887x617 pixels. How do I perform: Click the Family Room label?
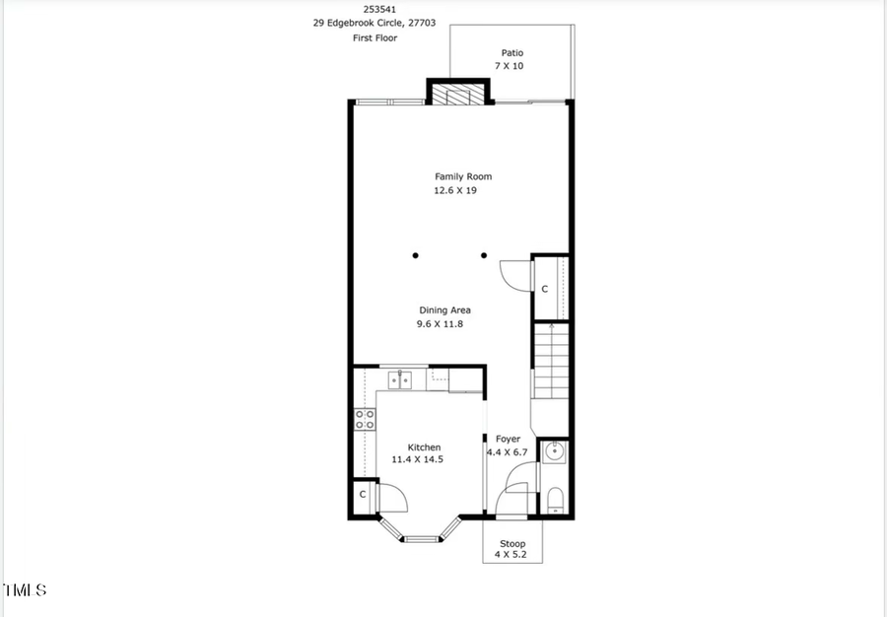[x=463, y=176]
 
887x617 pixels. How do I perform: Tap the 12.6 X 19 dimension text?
[x=455, y=190]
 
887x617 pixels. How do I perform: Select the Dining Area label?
[x=444, y=310]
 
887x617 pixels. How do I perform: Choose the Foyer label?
[x=508, y=440]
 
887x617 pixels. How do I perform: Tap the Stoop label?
[x=512, y=544]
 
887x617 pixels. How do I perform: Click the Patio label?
[x=512, y=53]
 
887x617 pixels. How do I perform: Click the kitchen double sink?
[x=399, y=378]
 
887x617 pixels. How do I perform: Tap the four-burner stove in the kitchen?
[x=364, y=420]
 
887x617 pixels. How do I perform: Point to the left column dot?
[x=416, y=256]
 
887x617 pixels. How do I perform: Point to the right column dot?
[x=484, y=256]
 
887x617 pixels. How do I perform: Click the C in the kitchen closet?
[x=363, y=494]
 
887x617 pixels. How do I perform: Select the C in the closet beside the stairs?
[x=545, y=289]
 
